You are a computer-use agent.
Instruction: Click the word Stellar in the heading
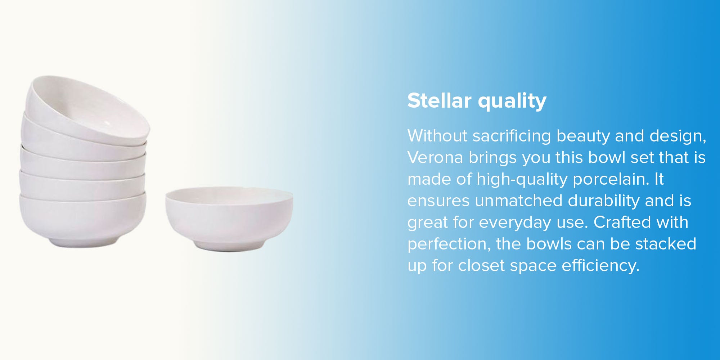coord(439,100)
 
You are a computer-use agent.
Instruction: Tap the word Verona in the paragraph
coord(435,158)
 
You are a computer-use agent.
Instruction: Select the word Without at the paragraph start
coord(437,136)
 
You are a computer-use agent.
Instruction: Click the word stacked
coord(666,244)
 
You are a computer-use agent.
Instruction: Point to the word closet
coord(481,266)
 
